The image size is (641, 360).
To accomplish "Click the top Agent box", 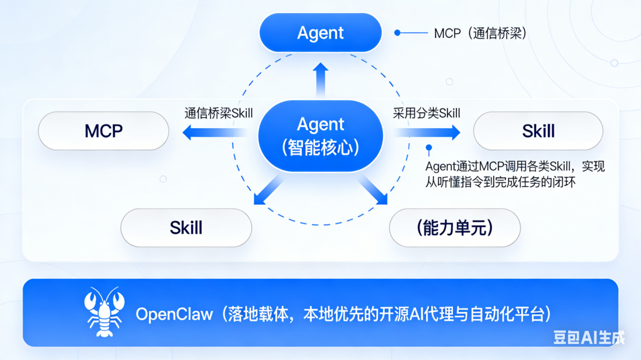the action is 320,33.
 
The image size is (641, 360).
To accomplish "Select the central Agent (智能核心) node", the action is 320,136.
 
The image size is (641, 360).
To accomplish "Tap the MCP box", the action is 103,130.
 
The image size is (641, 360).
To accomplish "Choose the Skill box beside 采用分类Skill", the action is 538,130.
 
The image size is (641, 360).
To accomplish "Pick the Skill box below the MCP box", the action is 186,228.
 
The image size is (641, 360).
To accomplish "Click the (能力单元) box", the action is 455,228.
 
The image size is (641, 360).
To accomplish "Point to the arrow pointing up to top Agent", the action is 320,78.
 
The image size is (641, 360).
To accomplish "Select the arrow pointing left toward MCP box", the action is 214,133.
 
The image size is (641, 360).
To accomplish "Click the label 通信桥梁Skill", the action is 218,113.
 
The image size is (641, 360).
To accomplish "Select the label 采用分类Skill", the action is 426,113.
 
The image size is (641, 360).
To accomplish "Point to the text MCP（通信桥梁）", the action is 481,33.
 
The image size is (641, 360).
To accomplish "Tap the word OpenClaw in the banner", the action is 173,314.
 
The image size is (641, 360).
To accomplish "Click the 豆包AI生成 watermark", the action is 589,337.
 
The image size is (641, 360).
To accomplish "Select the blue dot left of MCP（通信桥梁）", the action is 398,33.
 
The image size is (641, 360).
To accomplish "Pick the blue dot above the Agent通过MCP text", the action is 429,148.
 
